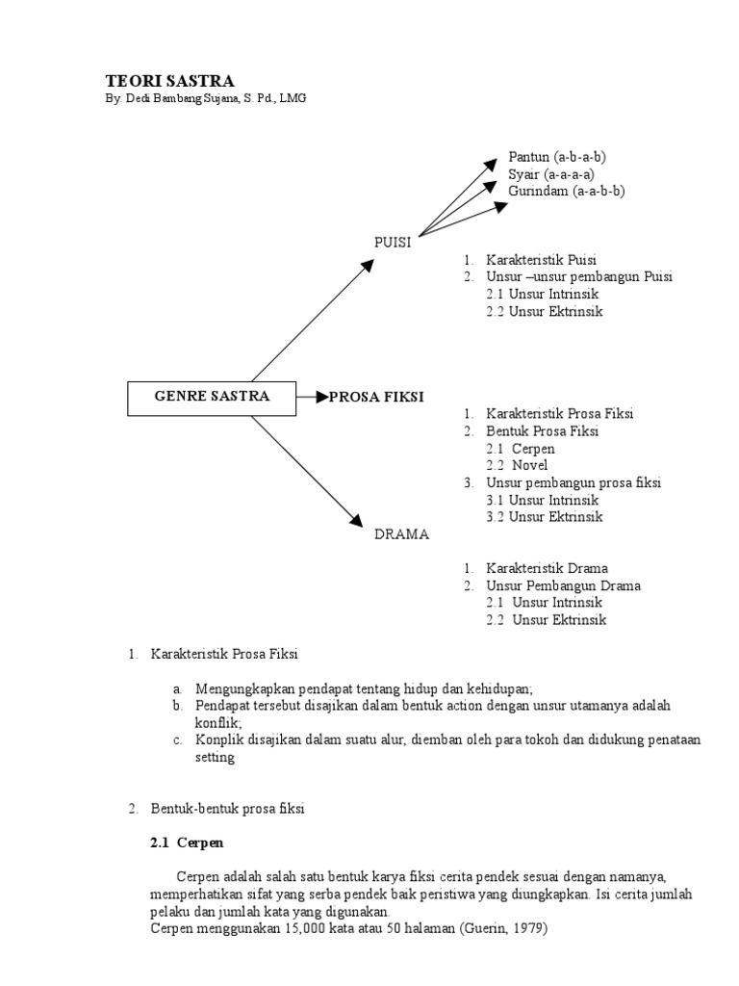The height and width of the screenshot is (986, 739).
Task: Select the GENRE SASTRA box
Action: [212, 397]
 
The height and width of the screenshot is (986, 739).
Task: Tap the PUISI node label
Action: [393, 243]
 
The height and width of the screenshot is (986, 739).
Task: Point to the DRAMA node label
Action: [401, 534]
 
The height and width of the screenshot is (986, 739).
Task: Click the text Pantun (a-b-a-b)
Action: [557, 157]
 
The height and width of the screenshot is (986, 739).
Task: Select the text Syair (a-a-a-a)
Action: [551, 174]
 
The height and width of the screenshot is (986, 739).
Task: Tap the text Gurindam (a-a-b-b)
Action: [567, 192]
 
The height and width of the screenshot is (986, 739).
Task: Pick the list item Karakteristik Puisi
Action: [541, 260]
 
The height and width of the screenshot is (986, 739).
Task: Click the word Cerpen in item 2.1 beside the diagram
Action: [533, 449]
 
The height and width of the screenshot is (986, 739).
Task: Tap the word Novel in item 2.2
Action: [529, 466]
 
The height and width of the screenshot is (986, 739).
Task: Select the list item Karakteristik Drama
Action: [547, 569]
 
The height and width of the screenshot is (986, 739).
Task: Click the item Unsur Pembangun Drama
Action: [563, 586]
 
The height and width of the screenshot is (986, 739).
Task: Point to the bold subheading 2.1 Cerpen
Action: [187, 843]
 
